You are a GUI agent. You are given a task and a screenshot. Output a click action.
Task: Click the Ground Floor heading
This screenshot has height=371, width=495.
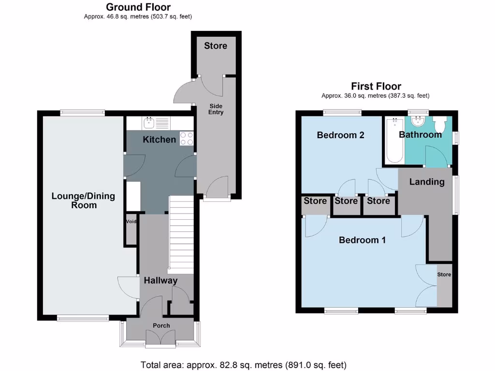click(138, 7)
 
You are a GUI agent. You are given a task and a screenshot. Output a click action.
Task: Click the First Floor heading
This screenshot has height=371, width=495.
click(376, 86)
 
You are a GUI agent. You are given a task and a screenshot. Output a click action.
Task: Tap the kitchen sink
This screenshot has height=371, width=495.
click(148, 123)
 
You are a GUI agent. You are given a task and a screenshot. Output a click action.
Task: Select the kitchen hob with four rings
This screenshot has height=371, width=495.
click(187, 139)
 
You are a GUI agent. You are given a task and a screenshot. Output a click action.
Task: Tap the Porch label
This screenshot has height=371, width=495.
click(161, 326)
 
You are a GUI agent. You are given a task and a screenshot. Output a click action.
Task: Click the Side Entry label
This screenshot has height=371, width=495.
click(216, 109)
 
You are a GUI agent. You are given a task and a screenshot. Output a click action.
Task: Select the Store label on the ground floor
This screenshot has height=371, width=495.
click(216, 46)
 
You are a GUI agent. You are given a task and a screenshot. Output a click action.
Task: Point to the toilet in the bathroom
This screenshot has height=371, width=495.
click(440, 125)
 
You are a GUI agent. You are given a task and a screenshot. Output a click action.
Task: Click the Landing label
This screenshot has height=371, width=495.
click(426, 182)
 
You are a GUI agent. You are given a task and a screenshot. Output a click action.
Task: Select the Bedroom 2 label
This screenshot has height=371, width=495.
click(340, 135)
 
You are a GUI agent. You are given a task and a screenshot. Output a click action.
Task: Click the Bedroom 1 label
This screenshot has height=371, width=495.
click(362, 240)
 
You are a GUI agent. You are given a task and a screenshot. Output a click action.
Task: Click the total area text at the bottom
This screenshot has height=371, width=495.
click(243, 365)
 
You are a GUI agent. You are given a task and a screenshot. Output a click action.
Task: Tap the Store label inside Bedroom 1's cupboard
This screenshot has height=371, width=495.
click(444, 274)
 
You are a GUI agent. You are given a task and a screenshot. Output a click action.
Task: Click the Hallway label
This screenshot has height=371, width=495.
click(160, 280)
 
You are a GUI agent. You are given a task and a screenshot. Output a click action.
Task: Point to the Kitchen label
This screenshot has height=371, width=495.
click(160, 140)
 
